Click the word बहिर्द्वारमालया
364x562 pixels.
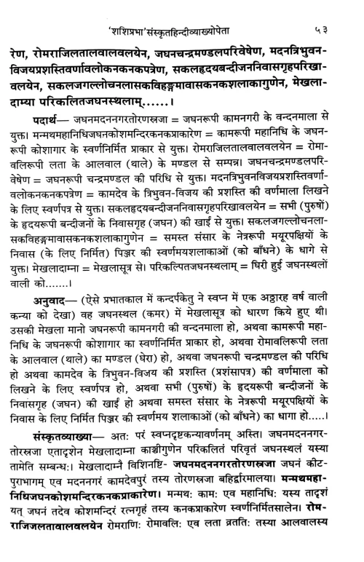(280, 504)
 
